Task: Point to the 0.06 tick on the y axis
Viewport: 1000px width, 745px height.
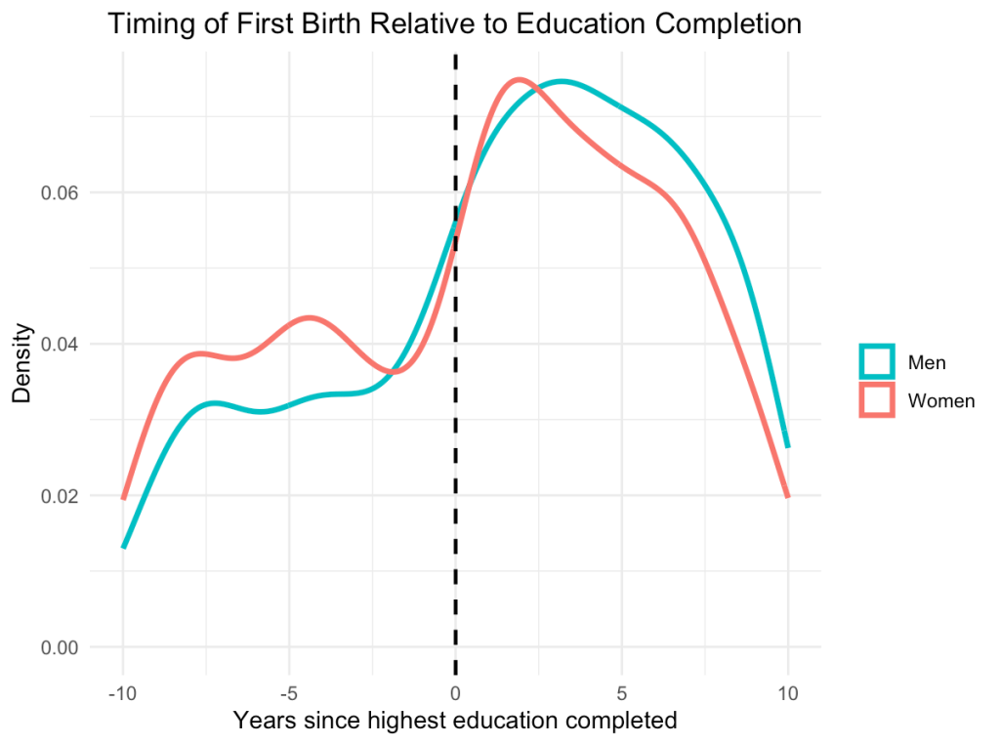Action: (x=60, y=192)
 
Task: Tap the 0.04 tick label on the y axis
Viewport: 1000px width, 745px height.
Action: (x=60, y=344)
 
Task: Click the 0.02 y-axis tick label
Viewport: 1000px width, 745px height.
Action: (x=60, y=495)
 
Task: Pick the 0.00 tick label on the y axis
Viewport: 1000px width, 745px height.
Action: (x=60, y=646)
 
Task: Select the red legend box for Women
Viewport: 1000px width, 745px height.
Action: (x=876, y=399)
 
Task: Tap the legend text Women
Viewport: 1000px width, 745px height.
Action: (x=941, y=400)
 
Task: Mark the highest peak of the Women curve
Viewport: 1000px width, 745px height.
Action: (x=520, y=80)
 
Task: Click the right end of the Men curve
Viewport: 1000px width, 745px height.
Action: (x=787, y=446)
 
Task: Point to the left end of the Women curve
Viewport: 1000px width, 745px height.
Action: (x=123, y=497)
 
